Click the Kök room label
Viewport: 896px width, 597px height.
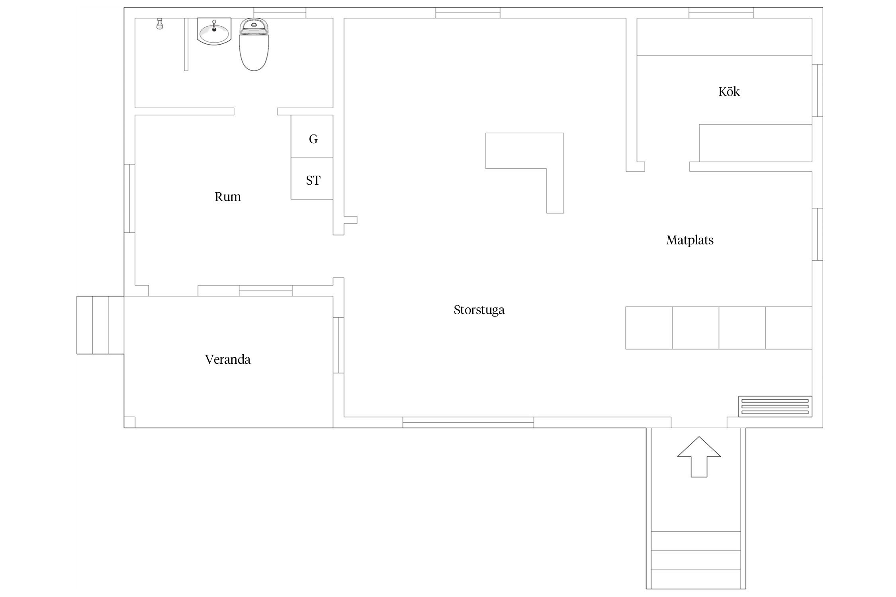point(729,92)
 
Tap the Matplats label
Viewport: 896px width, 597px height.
point(690,240)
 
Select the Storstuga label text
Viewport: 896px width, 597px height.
point(479,310)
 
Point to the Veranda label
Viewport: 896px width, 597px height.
point(228,359)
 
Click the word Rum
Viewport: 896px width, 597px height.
point(228,197)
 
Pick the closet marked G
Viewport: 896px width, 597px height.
point(312,136)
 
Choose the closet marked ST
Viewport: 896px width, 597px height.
point(312,178)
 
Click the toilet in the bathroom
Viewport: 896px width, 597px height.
point(254,45)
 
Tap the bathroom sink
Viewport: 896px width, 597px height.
point(214,31)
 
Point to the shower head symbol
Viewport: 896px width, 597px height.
point(160,24)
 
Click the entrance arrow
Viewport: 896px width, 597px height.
point(699,457)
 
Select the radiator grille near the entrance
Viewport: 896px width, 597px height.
point(775,406)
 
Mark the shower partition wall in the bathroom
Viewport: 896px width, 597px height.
point(186,45)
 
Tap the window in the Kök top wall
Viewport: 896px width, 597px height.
point(721,13)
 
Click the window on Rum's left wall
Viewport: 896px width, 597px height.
point(129,198)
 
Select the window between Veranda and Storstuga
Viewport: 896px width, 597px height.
point(338,345)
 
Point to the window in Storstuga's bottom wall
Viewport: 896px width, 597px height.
point(468,422)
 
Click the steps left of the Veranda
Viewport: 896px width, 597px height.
point(100,325)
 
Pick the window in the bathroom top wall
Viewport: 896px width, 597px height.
point(280,13)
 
